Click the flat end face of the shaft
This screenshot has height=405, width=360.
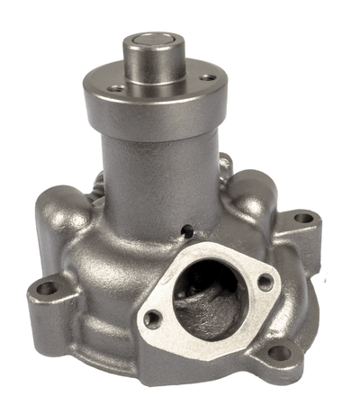[156, 40]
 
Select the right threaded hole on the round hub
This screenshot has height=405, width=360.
[207, 78]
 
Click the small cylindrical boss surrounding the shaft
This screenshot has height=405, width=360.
[155, 67]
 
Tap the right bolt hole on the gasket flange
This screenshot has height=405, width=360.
[265, 283]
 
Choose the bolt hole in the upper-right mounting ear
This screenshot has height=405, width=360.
[304, 218]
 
